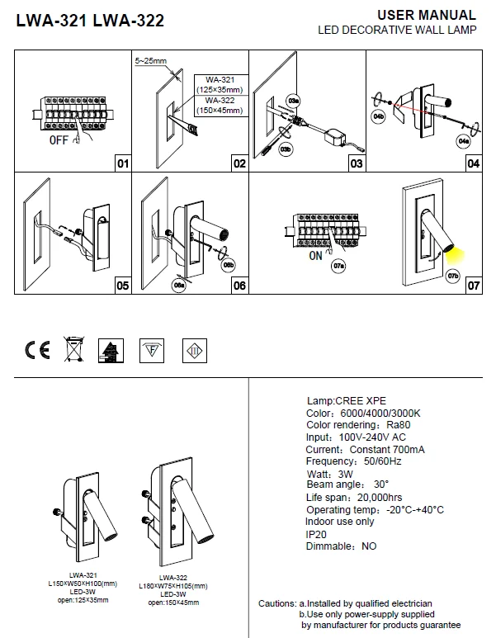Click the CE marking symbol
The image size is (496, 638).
(x=37, y=350)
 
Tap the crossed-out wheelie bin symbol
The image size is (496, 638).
(x=73, y=350)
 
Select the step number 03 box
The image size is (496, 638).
(x=356, y=163)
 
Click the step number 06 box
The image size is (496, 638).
(x=239, y=286)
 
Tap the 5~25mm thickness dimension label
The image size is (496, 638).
(x=150, y=62)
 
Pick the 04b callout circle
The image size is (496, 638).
(x=379, y=118)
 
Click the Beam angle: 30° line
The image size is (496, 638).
(x=347, y=484)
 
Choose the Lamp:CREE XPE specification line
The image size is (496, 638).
(x=346, y=400)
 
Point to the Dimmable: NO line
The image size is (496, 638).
(x=341, y=546)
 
